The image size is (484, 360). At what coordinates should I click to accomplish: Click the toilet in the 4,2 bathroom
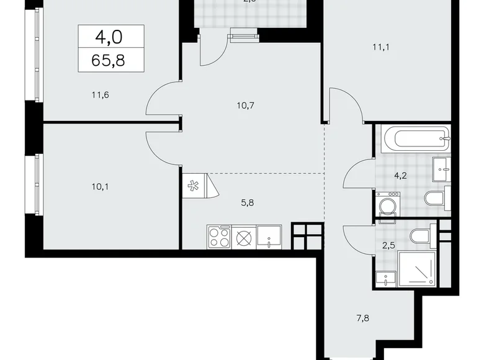pyautogui.click(x=434, y=198)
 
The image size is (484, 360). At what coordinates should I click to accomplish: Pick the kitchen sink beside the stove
pyautogui.click(x=269, y=236)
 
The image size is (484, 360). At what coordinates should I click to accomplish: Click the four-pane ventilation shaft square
pyautogui.click(x=307, y=236)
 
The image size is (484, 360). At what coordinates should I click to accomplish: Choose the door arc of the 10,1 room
pyautogui.click(x=163, y=146)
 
